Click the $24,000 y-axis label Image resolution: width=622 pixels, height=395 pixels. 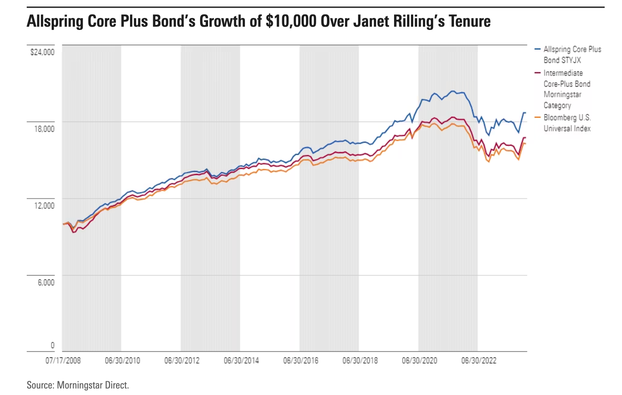(x=42, y=52)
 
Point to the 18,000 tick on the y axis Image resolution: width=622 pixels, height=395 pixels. (x=44, y=129)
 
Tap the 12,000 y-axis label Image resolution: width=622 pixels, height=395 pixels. (x=44, y=206)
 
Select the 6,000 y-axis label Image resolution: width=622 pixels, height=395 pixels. (x=46, y=282)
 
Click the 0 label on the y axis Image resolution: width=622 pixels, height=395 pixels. (x=52, y=346)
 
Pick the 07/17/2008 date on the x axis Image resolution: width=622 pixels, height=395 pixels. (x=63, y=361)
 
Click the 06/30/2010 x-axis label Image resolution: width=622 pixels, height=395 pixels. (x=122, y=361)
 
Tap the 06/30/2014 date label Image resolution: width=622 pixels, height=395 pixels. (x=241, y=361)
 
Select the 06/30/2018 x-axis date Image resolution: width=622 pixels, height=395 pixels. (x=360, y=361)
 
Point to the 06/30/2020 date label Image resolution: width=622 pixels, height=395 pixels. (x=419, y=361)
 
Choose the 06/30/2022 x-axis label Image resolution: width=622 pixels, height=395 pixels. (x=479, y=361)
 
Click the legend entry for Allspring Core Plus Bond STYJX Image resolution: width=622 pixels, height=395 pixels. (x=572, y=55)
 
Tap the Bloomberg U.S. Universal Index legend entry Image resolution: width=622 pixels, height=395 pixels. (x=567, y=123)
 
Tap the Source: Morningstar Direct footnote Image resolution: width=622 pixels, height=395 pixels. (x=78, y=385)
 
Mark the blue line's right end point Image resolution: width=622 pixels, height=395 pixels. (x=525, y=113)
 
